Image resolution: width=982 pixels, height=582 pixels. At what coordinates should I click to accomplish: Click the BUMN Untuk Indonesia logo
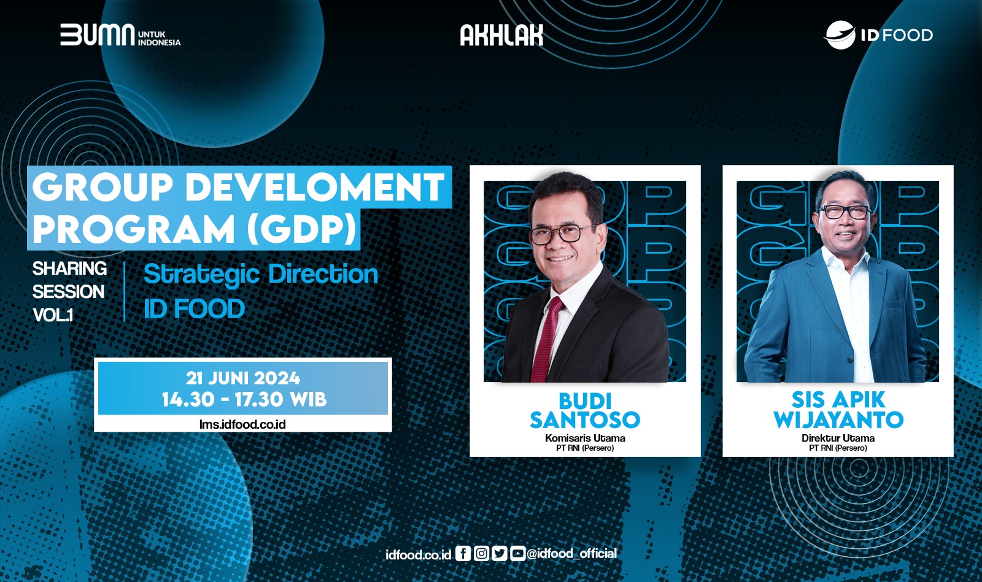coord(120,34)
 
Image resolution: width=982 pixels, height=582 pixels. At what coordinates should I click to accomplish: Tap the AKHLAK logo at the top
coord(501,35)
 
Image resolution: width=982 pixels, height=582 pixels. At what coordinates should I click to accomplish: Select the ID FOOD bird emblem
coord(840,34)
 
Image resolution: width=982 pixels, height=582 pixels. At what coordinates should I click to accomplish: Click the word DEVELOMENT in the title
coord(314,187)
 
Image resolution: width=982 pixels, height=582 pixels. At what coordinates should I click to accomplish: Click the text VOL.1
coord(53,315)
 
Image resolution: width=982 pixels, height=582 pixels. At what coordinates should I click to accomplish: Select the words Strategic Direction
coord(261,274)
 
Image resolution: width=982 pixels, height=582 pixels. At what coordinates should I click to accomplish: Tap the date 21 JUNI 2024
coord(243,378)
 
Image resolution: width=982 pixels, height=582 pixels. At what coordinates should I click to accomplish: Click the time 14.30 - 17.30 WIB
coord(244,399)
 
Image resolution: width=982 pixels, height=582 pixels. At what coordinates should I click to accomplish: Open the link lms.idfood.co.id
coord(242,424)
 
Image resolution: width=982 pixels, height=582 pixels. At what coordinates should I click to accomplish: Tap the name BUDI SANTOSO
coord(585,410)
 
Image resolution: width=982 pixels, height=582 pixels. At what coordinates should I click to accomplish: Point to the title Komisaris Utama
coord(585,438)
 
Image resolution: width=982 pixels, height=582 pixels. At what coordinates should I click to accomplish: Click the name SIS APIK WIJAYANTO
coord(838,410)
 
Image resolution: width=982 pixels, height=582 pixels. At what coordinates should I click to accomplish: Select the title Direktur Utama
coord(838,438)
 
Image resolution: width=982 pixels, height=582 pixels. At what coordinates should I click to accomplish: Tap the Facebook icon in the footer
coord(463,554)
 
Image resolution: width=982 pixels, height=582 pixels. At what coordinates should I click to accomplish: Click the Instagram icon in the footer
coord(481,554)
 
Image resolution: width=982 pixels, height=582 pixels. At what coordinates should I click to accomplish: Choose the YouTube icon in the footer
coord(518,554)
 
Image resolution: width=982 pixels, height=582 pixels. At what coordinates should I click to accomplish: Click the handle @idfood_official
coord(571,554)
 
